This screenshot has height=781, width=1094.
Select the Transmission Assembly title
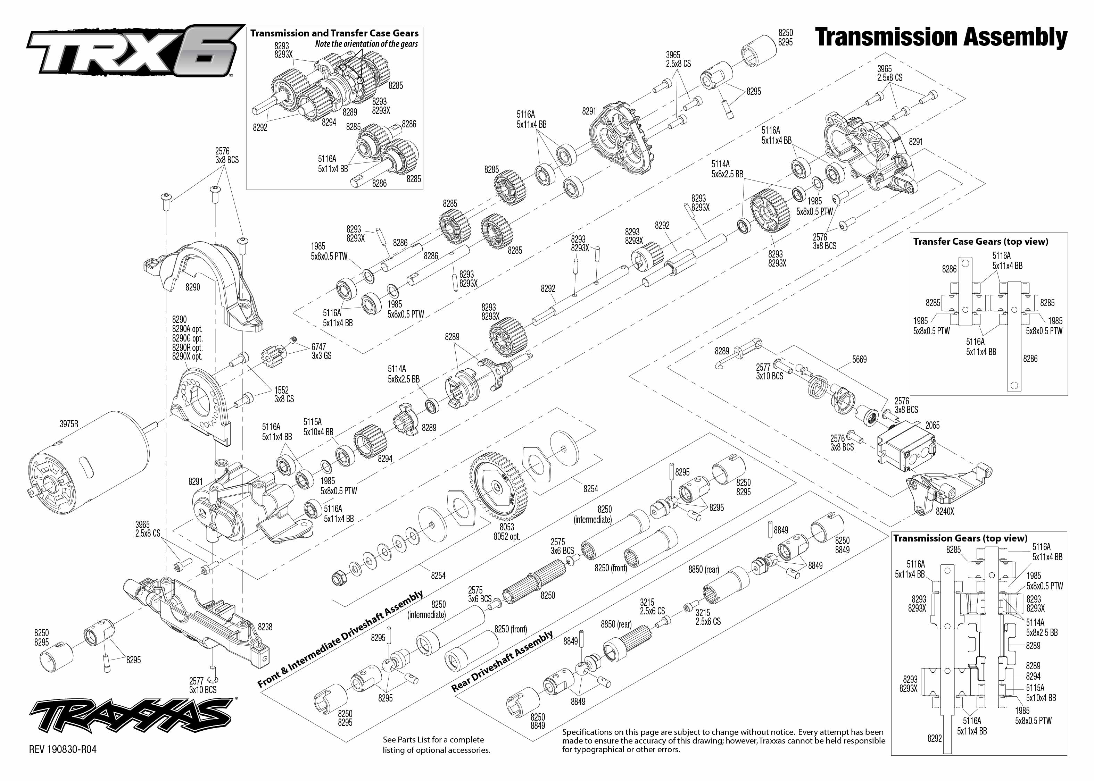pyautogui.click(x=941, y=37)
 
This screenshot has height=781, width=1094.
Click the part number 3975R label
pyautogui.click(x=69, y=424)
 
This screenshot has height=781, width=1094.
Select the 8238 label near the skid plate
pyautogui.click(x=265, y=627)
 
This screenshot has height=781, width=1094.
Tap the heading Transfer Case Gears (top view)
pyautogui.click(x=980, y=242)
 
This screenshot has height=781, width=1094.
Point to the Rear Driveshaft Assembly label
pyautogui.click(x=502, y=661)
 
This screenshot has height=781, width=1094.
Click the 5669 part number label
pyautogui.click(x=859, y=359)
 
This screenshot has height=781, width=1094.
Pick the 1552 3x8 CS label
pyautogui.click(x=283, y=394)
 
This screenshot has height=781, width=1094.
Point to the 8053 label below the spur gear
pyautogui.click(x=507, y=527)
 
